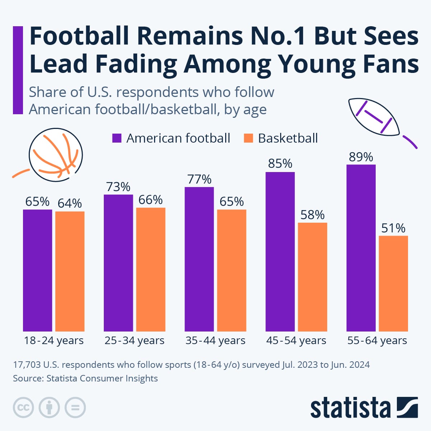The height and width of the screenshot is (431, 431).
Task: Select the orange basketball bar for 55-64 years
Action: [393, 283]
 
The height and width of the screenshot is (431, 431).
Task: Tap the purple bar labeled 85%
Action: [280, 251]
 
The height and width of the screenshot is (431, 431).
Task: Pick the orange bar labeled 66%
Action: [150, 269]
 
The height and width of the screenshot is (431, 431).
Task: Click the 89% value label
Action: [361, 157]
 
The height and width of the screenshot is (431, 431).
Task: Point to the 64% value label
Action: [70, 204]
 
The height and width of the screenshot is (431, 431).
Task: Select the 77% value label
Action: [199, 179]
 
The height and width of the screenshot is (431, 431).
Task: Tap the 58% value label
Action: [312, 215]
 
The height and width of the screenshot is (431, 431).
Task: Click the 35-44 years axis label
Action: [215, 340]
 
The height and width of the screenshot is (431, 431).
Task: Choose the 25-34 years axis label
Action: [134, 340]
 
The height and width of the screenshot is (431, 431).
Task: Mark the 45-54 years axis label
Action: [296, 340]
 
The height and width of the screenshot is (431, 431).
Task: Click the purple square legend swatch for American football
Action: [117, 138]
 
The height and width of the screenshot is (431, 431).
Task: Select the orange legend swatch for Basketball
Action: [248, 138]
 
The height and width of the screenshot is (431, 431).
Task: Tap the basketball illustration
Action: [56, 154]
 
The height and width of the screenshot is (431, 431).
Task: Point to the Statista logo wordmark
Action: [350, 408]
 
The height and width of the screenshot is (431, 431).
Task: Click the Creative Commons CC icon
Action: [23, 408]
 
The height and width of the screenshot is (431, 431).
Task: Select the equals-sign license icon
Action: [75, 408]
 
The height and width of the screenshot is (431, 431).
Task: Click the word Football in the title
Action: [79, 36]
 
